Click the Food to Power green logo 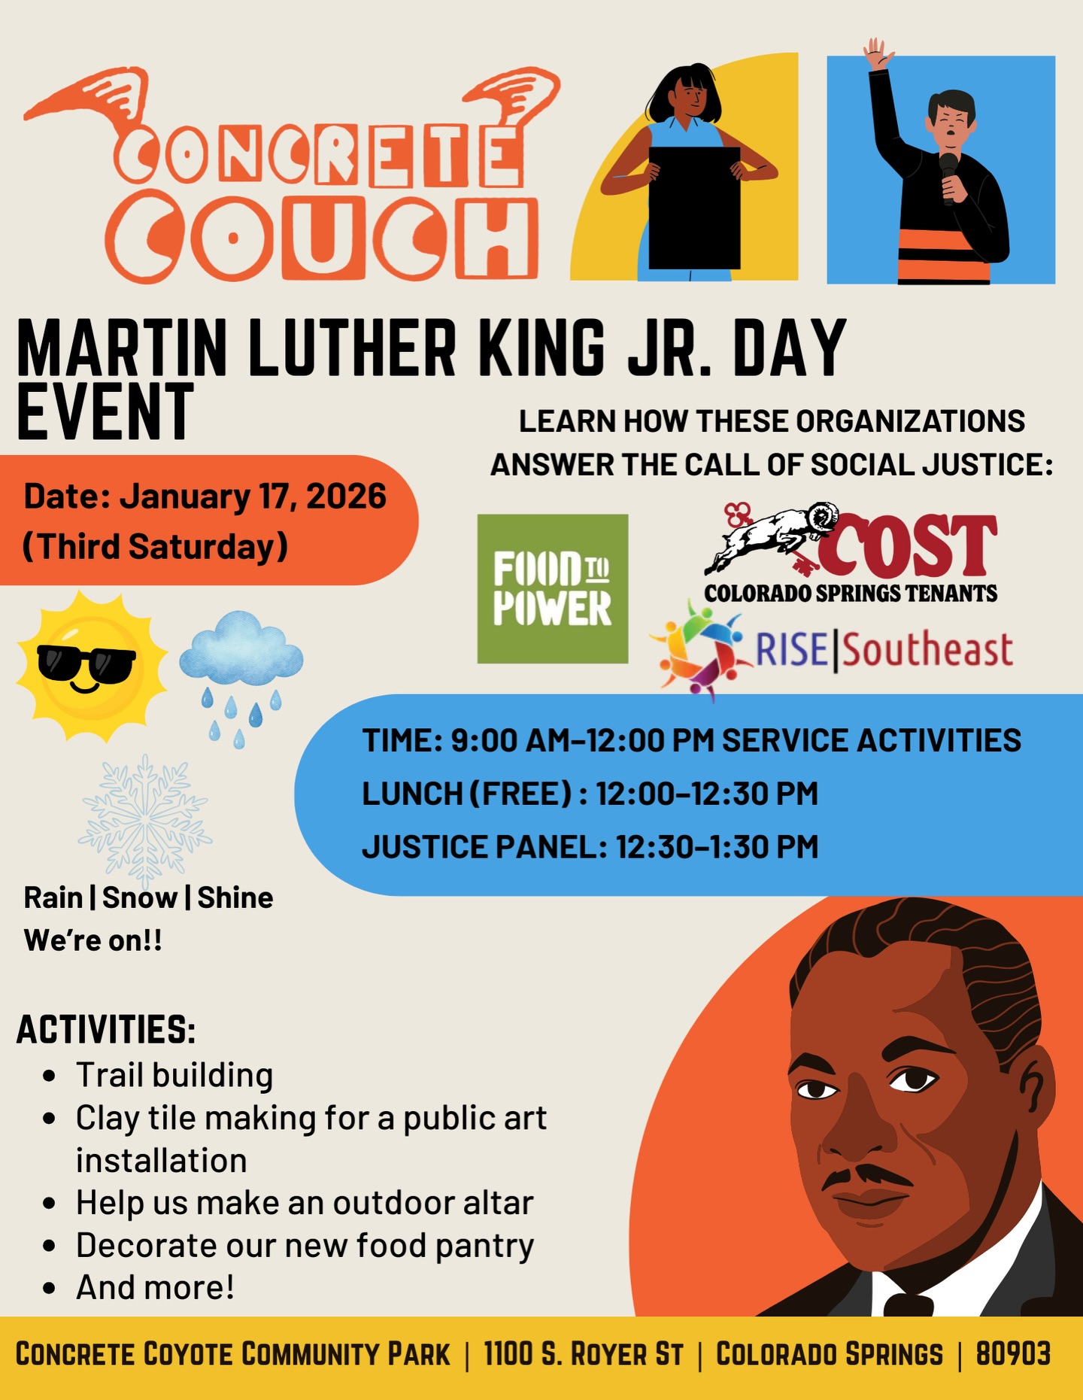(x=553, y=588)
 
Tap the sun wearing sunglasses (x=90, y=665)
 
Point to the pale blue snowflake (x=144, y=820)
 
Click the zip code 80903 (x=1013, y=1354)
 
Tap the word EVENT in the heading (x=105, y=411)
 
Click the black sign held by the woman (x=694, y=208)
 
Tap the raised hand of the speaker (x=877, y=54)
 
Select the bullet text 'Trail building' (x=174, y=1075)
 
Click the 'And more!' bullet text (x=155, y=1287)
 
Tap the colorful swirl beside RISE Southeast (x=699, y=649)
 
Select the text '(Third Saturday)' (x=156, y=547)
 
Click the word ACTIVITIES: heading (x=106, y=1030)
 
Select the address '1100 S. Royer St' (x=584, y=1354)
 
